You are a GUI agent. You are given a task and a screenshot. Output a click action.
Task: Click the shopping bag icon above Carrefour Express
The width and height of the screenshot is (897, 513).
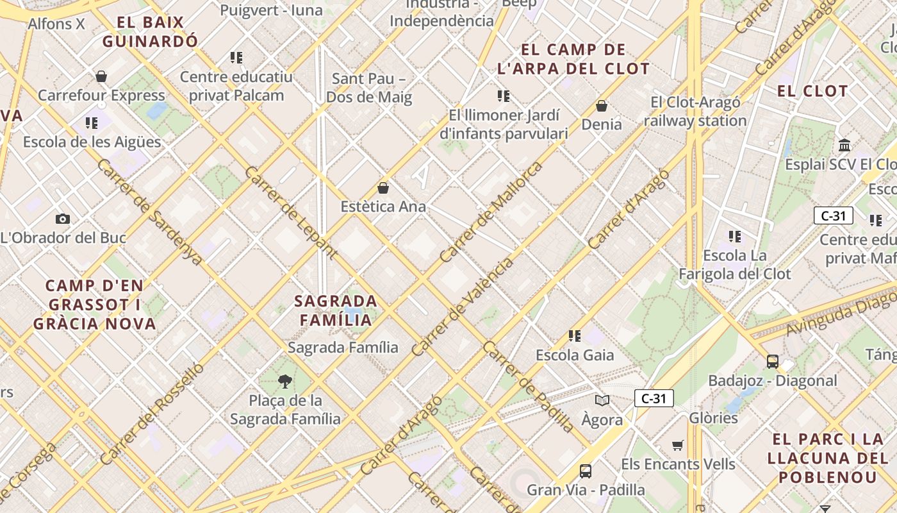pos(101,77)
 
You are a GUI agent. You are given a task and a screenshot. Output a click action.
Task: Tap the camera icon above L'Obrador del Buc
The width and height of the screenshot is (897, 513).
pos(62,219)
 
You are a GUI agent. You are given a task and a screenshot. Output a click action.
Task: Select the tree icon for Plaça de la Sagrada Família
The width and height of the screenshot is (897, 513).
pos(285,382)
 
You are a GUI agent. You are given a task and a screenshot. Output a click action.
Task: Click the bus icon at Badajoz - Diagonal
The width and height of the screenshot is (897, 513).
pos(772,362)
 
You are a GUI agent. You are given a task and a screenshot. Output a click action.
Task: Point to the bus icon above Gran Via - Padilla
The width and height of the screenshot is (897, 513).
pos(586,471)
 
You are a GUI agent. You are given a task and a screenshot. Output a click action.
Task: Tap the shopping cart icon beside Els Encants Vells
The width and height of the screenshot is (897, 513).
pos(678,445)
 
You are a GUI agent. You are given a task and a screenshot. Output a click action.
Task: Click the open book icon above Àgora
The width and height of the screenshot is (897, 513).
pos(602,401)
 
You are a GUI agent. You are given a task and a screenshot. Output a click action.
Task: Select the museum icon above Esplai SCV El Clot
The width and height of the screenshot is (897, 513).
pos(844,145)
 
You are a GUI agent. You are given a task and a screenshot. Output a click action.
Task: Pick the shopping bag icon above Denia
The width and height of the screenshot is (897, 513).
pos(602,106)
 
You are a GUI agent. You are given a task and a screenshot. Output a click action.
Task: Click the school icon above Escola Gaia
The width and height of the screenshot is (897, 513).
pos(575,335)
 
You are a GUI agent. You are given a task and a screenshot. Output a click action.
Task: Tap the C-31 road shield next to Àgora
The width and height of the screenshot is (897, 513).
pos(654,398)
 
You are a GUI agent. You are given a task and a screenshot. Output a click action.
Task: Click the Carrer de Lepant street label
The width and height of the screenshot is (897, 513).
pos(290,212)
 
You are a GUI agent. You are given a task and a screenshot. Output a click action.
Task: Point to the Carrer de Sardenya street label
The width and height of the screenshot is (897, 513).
pos(150,212)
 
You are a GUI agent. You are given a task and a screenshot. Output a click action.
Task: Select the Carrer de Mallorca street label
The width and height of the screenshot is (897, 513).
pos(491,212)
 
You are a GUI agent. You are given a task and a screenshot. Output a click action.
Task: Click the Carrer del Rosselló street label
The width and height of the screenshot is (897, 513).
pos(152,414)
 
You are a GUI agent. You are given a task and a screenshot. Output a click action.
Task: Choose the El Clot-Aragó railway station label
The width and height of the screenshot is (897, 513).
pos(695,112)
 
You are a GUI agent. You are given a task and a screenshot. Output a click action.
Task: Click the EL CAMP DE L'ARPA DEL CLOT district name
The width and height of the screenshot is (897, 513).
pos(573,59)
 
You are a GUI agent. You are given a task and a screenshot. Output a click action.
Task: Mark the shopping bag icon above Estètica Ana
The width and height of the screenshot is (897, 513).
pos(383,188)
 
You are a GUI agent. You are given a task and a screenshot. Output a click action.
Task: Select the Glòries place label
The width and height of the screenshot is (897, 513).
pos(713,418)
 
